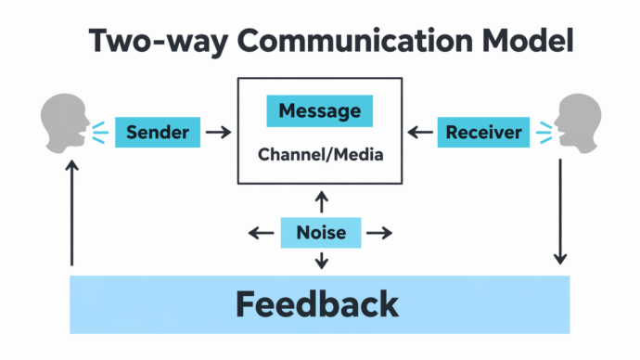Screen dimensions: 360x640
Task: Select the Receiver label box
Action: (482, 133)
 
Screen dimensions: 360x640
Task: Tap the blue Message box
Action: (320, 111)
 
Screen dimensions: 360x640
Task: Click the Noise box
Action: (320, 232)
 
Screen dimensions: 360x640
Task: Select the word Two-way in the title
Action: (149, 42)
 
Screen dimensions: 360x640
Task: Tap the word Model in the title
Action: (525, 42)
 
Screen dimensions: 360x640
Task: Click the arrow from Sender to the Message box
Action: (218, 133)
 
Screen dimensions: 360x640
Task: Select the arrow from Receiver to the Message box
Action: (421, 133)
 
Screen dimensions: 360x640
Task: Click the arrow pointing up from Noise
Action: (321, 201)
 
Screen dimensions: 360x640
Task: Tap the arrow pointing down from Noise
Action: (321, 260)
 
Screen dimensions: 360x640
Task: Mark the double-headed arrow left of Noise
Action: (262, 232)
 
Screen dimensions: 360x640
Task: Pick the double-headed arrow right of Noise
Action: (378, 232)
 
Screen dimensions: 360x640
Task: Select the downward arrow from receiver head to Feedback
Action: (559, 213)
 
